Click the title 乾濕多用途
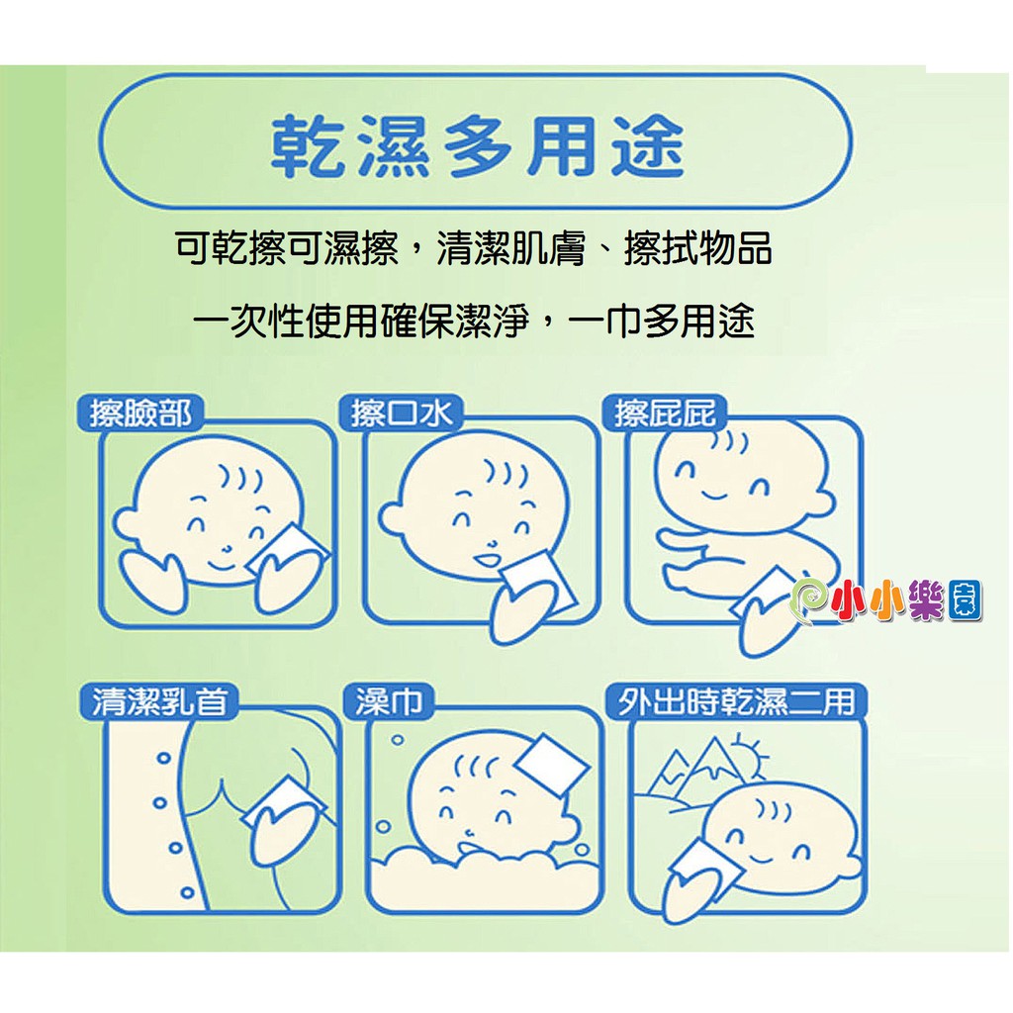coord(477,146)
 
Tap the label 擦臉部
coord(140,413)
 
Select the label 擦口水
coord(401,413)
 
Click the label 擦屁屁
coord(665,413)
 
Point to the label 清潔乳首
coord(160,701)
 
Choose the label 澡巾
coord(389,701)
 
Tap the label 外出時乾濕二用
coord(736,701)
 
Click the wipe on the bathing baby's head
coord(552,768)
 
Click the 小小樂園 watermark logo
coord(886,600)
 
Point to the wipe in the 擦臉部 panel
coord(288,548)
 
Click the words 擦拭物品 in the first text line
coord(697,248)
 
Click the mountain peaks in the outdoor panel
coord(696,767)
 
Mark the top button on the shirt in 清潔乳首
coord(164,757)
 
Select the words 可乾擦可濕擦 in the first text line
coord(287,248)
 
